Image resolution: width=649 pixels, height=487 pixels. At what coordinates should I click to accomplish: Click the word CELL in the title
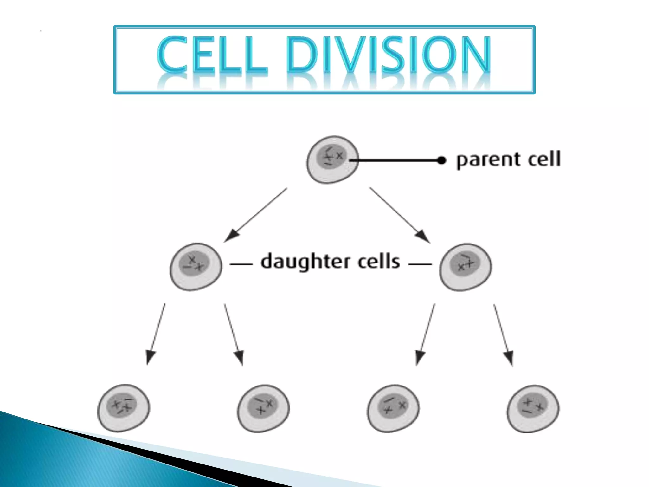212,55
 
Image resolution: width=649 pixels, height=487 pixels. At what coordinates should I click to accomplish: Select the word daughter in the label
305,262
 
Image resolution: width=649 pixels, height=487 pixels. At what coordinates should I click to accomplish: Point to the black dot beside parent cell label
441,160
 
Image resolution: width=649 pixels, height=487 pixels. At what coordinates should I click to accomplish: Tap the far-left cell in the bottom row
124,408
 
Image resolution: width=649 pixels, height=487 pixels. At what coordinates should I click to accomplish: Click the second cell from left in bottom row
263,408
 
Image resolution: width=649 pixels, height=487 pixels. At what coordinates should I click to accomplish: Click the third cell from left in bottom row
393,408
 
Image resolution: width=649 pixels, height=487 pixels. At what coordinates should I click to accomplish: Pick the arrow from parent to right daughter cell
399,215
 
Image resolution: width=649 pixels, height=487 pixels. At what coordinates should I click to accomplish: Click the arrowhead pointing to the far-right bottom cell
509,358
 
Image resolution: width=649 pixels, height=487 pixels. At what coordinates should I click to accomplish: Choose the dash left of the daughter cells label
241,264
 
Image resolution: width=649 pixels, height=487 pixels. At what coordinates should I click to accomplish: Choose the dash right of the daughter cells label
420,264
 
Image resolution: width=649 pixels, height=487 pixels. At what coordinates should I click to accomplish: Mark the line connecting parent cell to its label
396,160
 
